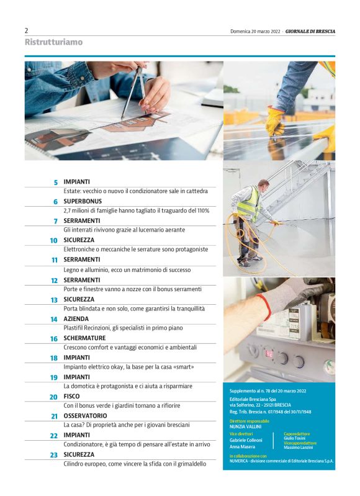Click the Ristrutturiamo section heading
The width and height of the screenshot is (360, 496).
[53, 42]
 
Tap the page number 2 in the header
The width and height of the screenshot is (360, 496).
[26, 30]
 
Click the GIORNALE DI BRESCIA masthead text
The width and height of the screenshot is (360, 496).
[310, 31]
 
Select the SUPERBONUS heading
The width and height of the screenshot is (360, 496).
[83, 201]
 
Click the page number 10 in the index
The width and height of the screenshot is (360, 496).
[53, 240]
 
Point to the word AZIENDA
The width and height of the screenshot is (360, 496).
[76, 319]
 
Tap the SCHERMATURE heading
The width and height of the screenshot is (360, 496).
[84, 338]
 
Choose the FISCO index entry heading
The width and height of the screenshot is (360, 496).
[71, 396]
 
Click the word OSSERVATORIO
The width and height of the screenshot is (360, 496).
[85, 416]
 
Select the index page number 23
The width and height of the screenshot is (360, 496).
[54, 455]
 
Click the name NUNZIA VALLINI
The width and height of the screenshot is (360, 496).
[246, 426]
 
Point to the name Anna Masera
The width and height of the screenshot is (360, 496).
[242, 447]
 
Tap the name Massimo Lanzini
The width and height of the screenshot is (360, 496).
[299, 448]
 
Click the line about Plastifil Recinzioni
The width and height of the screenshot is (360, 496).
[123, 328]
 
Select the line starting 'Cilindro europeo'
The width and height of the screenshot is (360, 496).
[135, 464]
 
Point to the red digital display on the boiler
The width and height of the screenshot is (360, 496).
[269, 354]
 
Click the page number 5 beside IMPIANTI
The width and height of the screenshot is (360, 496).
[56, 183]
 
